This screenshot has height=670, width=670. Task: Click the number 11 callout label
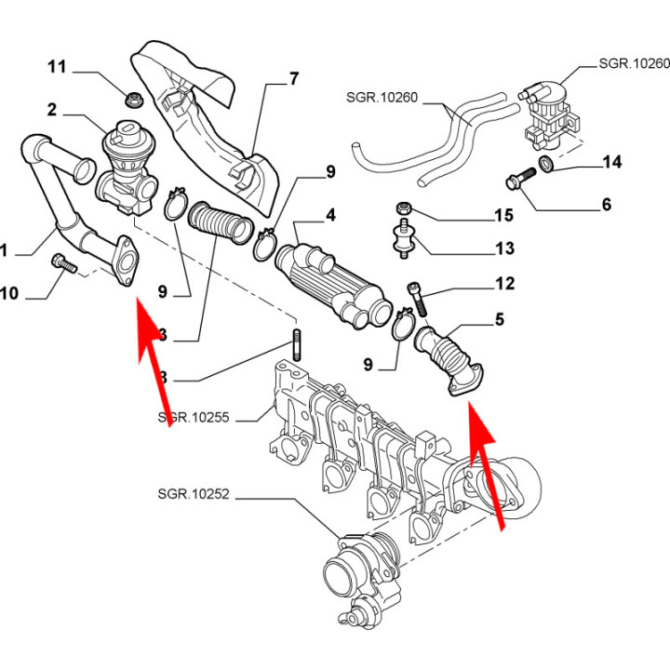pyautogui.click(x=58, y=67)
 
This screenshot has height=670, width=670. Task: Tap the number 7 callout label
pyautogui.click(x=294, y=78)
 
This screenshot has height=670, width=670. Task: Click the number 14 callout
pyautogui.click(x=611, y=163)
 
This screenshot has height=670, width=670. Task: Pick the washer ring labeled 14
pyautogui.click(x=550, y=166)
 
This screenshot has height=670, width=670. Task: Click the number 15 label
pyautogui.click(x=503, y=216)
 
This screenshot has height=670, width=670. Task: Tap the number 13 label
pyautogui.click(x=503, y=248)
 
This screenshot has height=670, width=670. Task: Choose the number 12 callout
pyautogui.click(x=503, y=283)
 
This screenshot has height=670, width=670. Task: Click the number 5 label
pyautogui.click(x=499, y=321)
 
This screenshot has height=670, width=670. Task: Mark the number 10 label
pyautogui.click(x=8, y=295)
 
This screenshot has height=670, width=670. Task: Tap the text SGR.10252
pyautogui.click(x=194, y=498)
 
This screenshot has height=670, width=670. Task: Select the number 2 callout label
pyautogui.click(x=51, y=110)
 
